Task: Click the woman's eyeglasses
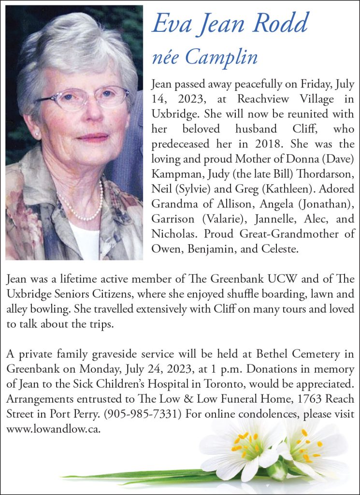coord(85,97)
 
